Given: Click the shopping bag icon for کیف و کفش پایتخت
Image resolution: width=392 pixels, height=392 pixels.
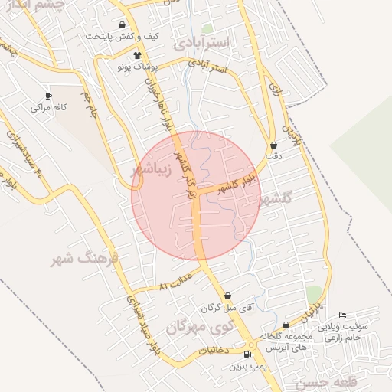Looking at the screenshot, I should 122,25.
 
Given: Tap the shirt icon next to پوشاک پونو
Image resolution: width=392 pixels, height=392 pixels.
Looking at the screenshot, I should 138,55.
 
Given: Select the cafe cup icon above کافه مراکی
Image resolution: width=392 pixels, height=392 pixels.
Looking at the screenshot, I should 49,96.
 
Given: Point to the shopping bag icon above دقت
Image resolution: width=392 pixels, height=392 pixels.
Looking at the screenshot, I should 274,145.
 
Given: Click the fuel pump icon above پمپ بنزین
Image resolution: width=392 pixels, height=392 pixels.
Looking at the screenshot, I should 247,354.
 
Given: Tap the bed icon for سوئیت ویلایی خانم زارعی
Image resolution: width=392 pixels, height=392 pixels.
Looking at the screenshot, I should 341,315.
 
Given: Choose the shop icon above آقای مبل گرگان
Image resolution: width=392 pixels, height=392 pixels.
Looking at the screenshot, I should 228,296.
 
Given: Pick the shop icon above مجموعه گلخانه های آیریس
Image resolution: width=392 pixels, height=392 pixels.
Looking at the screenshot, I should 286,325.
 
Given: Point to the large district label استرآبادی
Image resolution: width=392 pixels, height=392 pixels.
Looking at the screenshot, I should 201,43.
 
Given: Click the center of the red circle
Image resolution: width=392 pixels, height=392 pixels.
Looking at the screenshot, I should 196,196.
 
